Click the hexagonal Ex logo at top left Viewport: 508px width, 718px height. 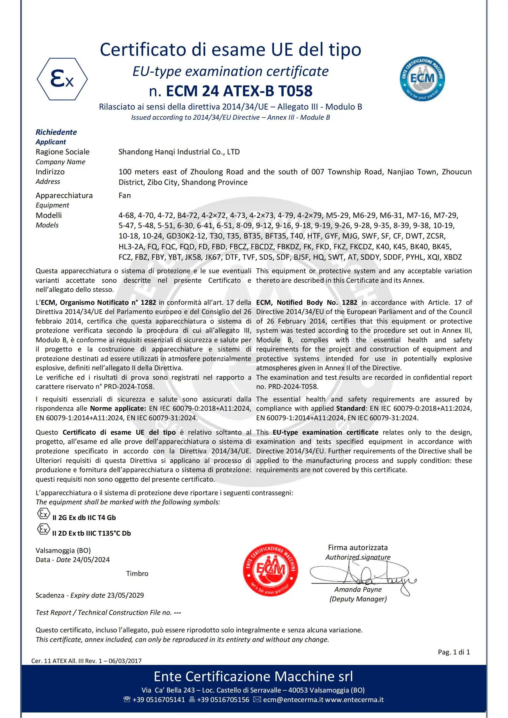62,79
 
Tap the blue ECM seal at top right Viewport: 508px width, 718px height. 422,79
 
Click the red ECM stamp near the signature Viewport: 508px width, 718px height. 270,569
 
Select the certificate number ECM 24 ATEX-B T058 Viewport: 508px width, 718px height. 239,91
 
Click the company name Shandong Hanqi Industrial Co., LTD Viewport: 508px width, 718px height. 179,152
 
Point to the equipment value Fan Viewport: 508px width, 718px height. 124,196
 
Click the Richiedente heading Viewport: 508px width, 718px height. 56,132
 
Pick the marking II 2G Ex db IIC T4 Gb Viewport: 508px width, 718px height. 84,518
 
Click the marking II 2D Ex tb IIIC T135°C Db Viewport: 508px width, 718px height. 91,533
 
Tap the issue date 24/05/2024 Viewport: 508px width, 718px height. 91,560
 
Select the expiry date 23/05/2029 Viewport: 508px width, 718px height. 125,595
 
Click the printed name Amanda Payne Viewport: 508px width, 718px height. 358,589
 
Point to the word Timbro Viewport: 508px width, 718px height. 137,573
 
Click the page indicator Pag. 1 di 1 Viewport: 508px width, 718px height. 454,652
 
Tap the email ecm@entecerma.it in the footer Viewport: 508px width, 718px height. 293,700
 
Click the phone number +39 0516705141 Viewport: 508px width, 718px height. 158,700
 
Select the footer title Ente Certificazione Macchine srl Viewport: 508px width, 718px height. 253,677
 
